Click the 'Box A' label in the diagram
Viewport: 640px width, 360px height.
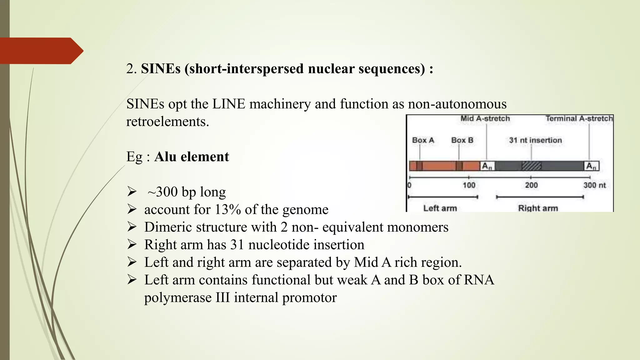tap(423, 140)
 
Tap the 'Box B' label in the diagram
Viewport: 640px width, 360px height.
tap(462, 140)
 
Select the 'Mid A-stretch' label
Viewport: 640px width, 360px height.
tap(485, 119)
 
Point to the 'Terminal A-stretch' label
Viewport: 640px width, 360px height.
tap(579, 119)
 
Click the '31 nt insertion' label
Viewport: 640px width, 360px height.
tap(535, 140)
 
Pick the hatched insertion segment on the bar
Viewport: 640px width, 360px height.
tap(532, 166)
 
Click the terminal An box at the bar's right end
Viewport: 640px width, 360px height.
tap(591, 166)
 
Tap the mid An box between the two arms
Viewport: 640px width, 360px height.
tap(487, 166)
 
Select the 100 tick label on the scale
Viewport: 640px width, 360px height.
tap(469, 185)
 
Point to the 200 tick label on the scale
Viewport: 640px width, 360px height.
tap(531, 185)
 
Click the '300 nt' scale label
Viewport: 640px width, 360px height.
tap(594, 185)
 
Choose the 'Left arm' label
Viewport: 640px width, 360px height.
tap(440, 208)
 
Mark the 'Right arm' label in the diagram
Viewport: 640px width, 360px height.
tap(538, 208)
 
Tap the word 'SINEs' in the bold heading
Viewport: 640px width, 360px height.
tap(161, 69)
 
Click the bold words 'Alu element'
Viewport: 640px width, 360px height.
tap(192, 157)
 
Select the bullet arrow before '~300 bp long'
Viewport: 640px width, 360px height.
tap(132, 192)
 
